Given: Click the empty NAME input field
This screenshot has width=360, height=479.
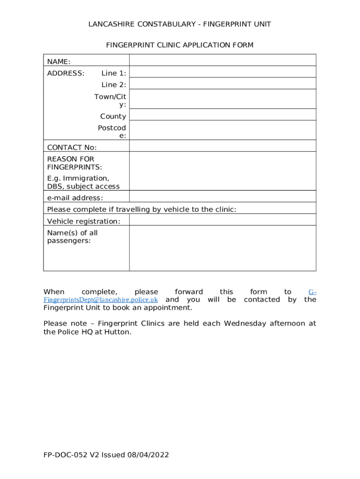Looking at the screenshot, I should (223, 60).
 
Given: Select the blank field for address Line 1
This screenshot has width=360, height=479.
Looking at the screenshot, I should (223, 72).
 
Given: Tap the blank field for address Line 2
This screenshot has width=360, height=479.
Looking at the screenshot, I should (223, 84).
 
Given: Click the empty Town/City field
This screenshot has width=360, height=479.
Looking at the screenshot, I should (223, 99).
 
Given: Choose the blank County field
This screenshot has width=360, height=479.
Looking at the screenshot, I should (223, 115).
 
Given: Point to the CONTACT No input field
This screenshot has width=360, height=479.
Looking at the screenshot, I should (223, 146).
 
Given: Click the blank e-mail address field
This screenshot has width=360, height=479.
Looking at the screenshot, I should (223, 196).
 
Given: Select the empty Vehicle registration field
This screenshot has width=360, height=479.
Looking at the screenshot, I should (223, 220).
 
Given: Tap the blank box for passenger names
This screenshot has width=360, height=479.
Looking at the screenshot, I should (223, 248).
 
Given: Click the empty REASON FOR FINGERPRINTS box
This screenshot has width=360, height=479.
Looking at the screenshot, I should (223, 171).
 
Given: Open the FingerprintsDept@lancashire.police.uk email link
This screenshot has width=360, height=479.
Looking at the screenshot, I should (101, 299).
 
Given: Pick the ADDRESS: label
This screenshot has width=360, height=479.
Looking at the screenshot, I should (66, 73).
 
